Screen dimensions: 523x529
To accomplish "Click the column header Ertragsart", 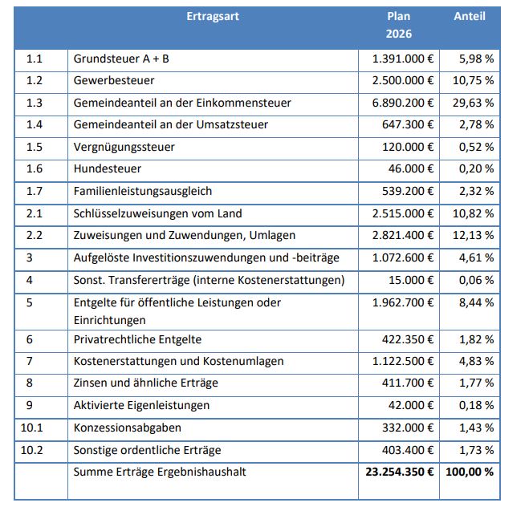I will (x=212, y=16).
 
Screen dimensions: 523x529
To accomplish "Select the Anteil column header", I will (x=470, y=16).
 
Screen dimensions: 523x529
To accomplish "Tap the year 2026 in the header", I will (x=398, y=34).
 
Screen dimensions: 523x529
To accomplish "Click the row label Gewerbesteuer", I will (x=114, y=81).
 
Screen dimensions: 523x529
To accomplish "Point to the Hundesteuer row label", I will (x=108, y=169).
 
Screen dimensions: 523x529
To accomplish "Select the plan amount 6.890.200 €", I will (x=403, y=103).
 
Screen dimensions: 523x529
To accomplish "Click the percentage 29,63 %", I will (x=471, y=103).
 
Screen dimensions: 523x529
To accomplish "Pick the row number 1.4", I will (x=34, y=125).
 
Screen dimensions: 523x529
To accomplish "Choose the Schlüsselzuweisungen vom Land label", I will (x=157, y=213).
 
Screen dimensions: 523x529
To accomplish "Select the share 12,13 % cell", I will (x=471, y=235).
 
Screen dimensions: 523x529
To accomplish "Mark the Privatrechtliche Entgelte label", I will (x=137, y=340).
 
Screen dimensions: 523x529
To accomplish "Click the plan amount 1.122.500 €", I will (x=403, y=362).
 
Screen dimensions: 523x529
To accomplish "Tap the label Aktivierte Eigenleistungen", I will (x=141, y=406).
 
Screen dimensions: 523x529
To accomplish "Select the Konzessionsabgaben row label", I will (x=128, y=428).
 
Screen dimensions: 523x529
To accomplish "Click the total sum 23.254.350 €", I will (x=399, y=472).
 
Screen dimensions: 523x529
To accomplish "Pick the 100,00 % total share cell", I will (x=470, y=472).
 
